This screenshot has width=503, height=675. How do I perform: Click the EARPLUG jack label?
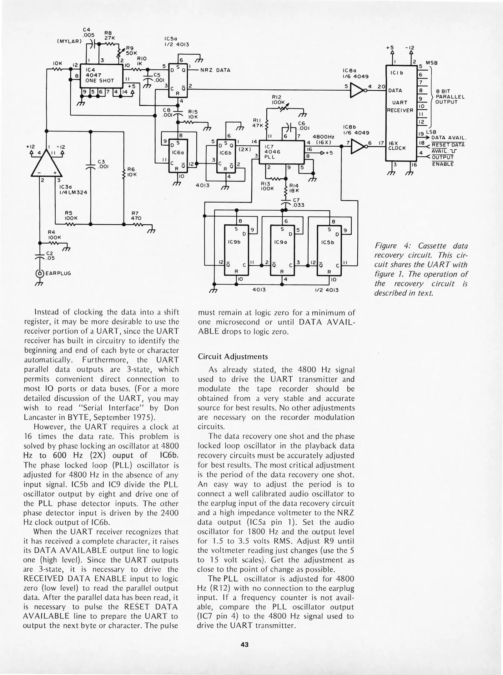(58, 273)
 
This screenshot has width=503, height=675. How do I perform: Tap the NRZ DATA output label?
(215, 70)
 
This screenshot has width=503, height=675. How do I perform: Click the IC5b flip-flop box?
(329, 250)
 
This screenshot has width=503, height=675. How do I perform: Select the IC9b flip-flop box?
(236, 250)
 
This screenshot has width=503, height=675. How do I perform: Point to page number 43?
(244, 644)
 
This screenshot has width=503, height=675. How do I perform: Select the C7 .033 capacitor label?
(298, 202)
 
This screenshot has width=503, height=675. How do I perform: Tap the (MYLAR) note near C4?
(69, 41)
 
